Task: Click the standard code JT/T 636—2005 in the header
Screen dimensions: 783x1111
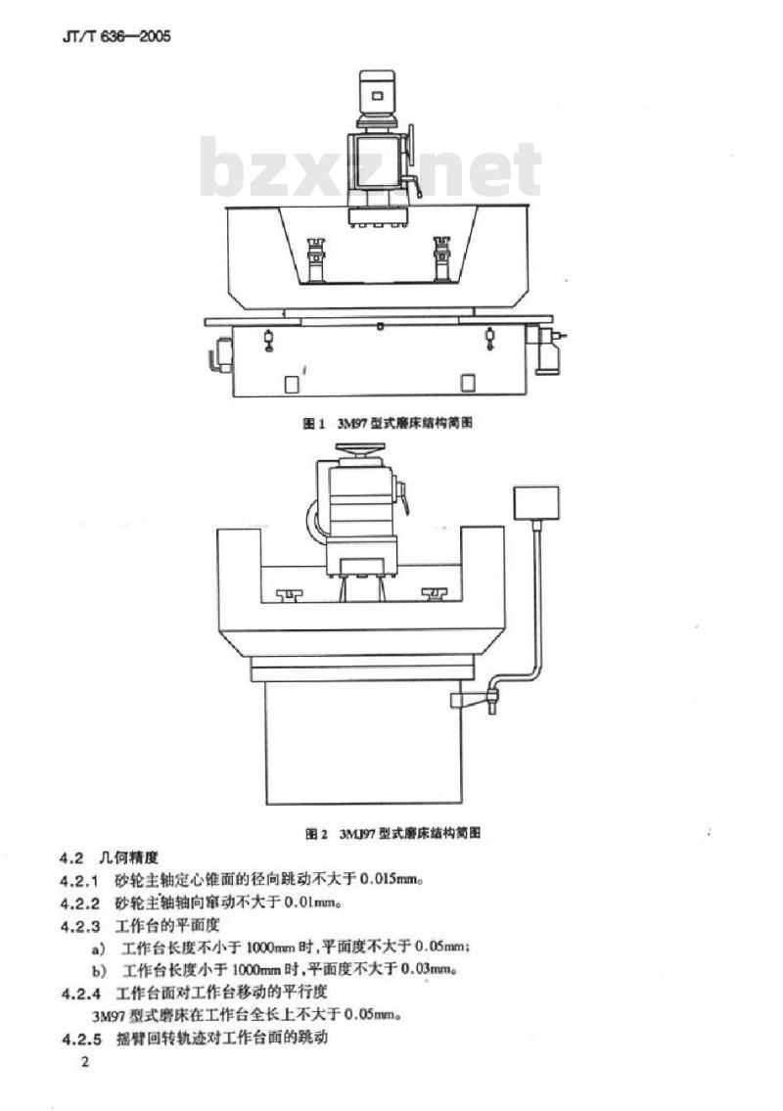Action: tap(116, 36)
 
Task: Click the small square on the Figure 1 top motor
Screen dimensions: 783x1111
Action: tap(378, 96)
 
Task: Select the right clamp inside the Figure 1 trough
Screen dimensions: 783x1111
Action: tap(442, 258)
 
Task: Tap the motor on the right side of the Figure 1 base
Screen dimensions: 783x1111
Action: tap(549, 348)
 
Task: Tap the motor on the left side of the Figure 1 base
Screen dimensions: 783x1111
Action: tap(222, 353)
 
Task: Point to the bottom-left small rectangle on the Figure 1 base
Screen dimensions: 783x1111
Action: tap(291, 384)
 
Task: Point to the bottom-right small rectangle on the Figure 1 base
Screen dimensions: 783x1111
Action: tap(468, 384)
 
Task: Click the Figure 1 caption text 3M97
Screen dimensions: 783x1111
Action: tap(350, 423)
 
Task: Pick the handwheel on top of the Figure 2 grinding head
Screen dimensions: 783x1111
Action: tap(360, 448)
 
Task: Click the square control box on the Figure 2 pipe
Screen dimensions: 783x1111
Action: tap(535, 503)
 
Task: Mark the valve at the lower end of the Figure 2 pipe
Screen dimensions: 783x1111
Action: tap(490, 698)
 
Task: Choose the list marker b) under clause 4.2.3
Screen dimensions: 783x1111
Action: tap(99, 970)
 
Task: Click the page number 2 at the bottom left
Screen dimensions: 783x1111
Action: tap(85, 1062)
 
